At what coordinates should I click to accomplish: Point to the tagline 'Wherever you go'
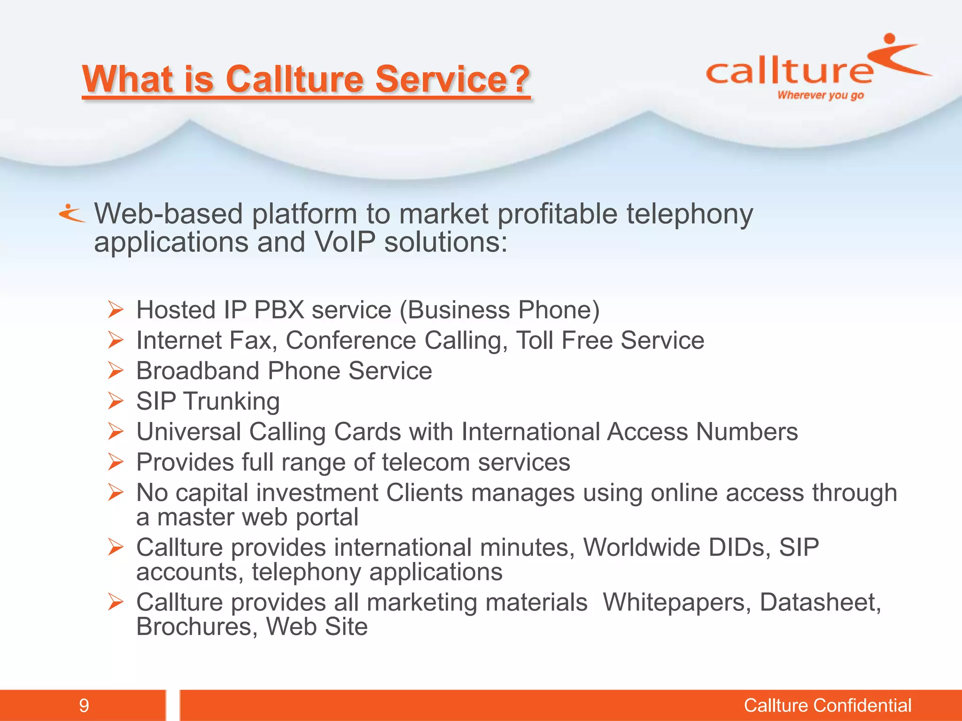[821, 95]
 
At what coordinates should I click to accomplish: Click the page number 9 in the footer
[84, 706]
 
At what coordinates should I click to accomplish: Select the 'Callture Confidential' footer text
[827, 706]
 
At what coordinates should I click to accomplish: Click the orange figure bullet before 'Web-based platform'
[71, 214]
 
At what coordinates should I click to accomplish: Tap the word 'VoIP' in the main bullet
[345, 243]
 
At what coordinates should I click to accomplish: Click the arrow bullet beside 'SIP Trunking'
[116, 401]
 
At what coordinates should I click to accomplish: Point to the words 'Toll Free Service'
[610, 340]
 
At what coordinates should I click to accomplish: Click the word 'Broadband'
[197, 371]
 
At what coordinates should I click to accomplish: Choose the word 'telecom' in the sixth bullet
[426, 462]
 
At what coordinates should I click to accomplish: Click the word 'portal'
[327, 517]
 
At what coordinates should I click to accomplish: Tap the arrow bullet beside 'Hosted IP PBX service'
[116, 310]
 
